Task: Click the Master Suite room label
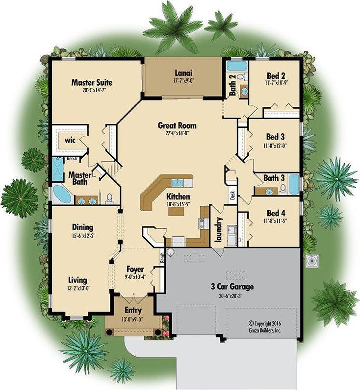click(x=92, y=82)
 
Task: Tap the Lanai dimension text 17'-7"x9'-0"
click(x=183, y=81)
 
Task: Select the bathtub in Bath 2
click(x=237, y=67)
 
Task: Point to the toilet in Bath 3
click(x=283, y=189)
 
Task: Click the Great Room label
click(x=177, y=125)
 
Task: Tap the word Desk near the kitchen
click(x=232, y=195)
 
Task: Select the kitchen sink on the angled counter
click(x=178, y=183)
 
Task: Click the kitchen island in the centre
click(x=176, y=211)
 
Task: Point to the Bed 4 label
click(x=276, y=213)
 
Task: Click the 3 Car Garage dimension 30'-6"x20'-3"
click(x=232, y=296)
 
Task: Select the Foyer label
click(x=135, y=269)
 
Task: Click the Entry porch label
click(x=133, y=311)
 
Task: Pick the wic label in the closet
click(x=70, y=140)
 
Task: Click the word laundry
click(x=219, y=230)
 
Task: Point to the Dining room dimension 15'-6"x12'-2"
click(x=83, y=235)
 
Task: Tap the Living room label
click(x=77, y=280)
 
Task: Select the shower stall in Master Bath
click(x=58, y=169)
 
